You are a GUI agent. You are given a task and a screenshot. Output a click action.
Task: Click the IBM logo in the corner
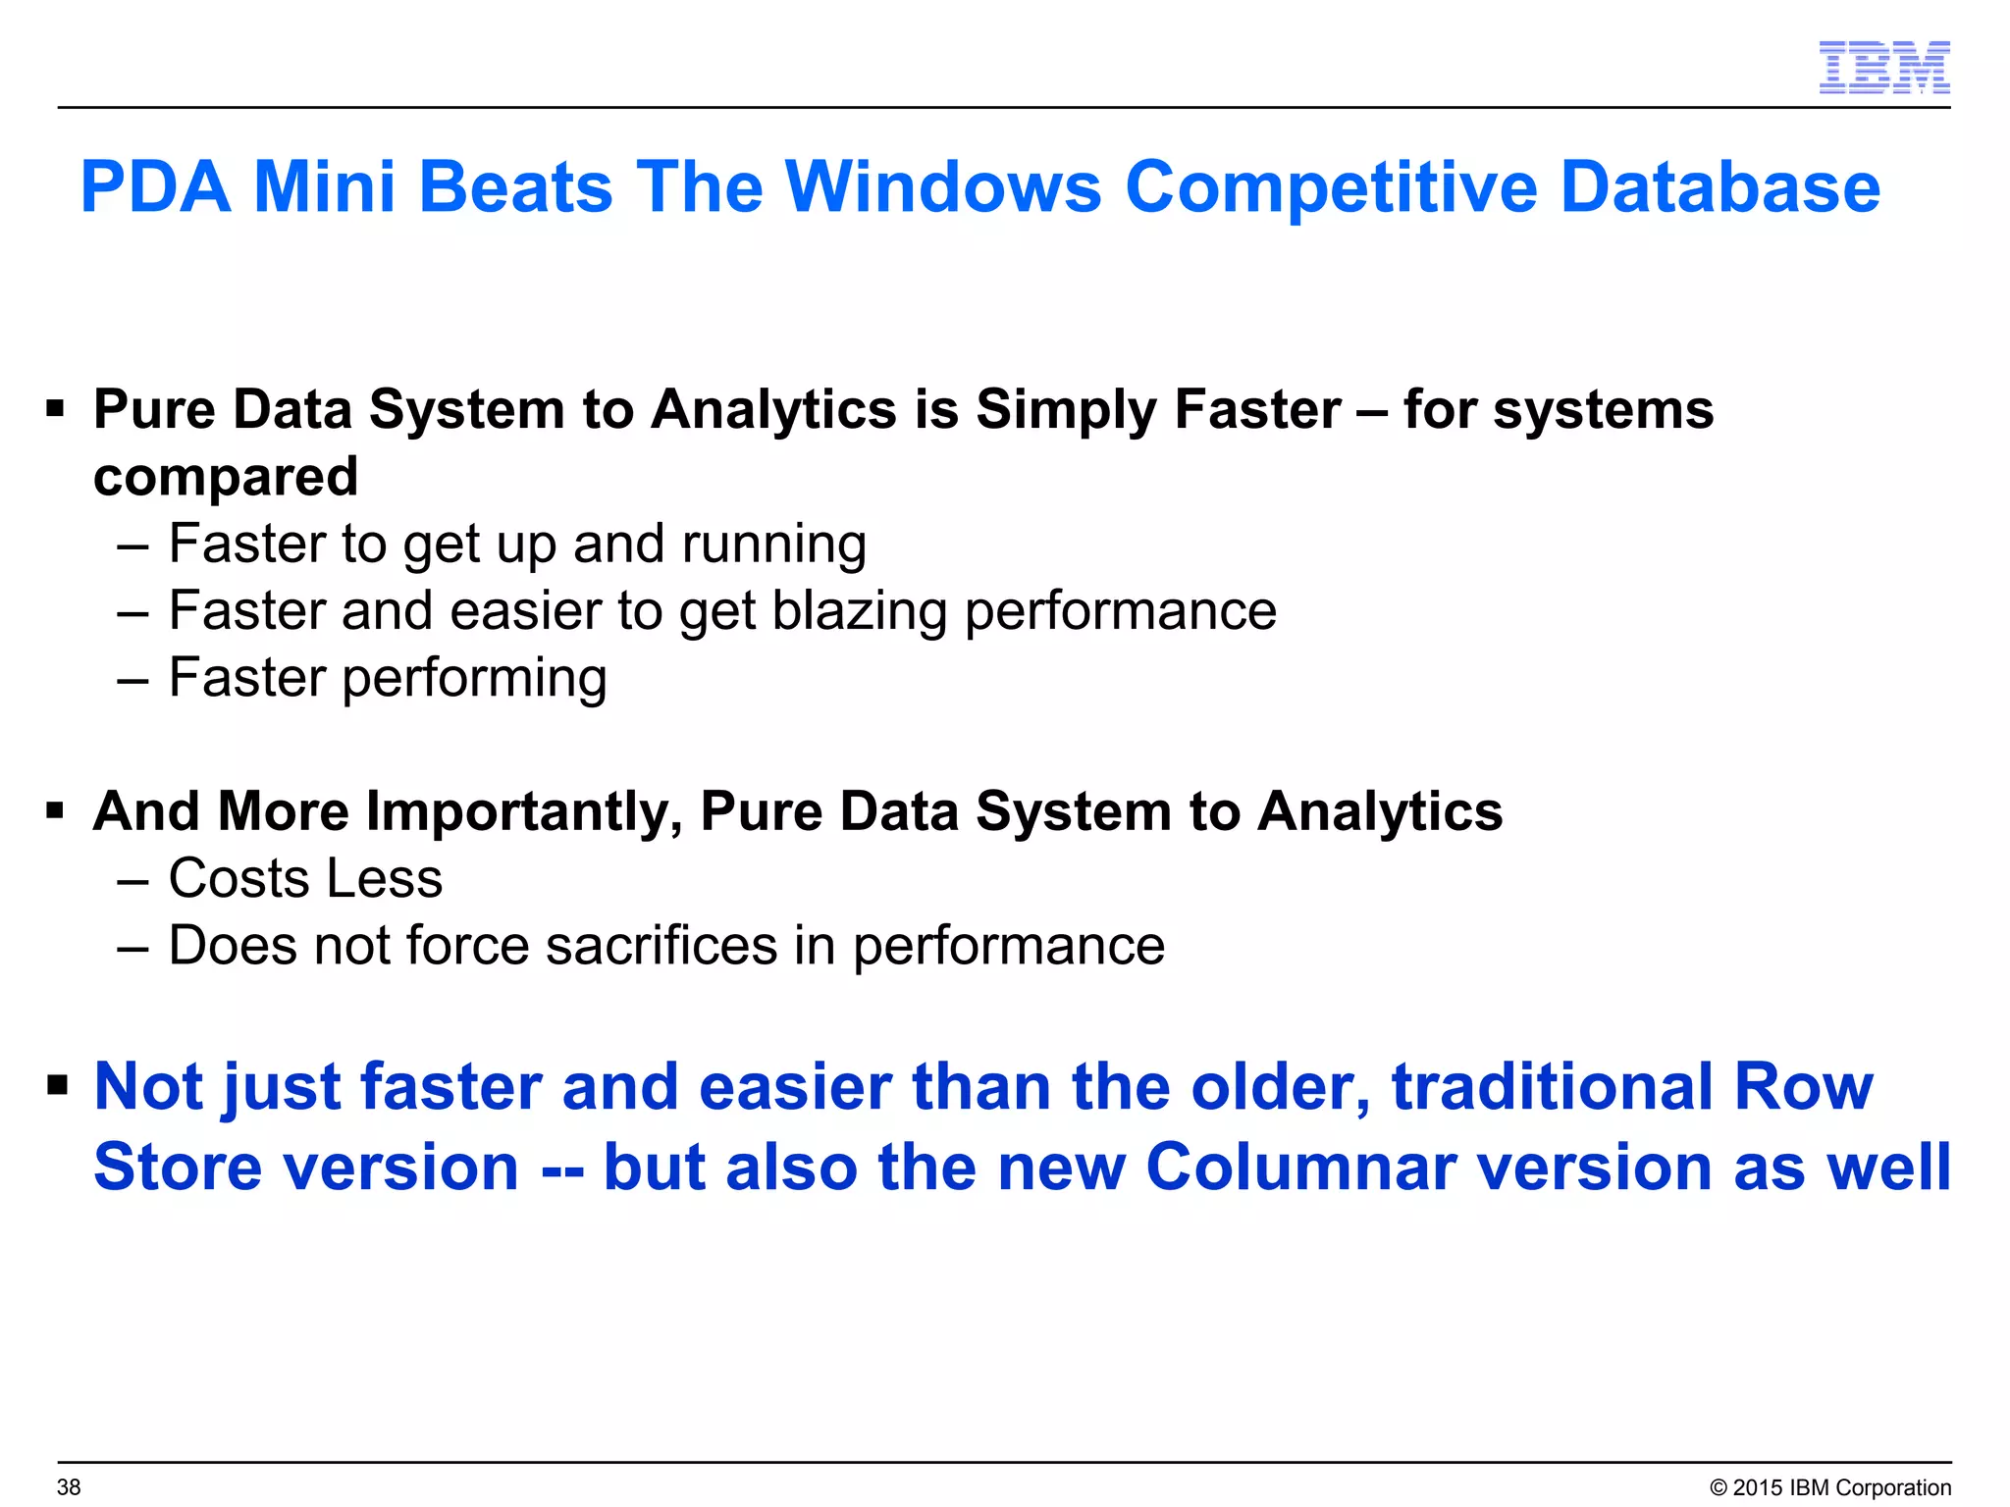pos(1883,68)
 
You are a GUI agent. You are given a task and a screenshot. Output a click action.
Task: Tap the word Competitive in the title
pos(1330,188)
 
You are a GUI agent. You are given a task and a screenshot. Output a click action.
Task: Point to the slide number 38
pos(69,1486)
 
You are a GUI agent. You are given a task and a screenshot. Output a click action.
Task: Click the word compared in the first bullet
pos(226,478)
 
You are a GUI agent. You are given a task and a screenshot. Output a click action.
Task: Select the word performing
pos(474,679)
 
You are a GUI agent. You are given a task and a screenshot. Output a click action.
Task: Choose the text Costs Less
pos(305,878)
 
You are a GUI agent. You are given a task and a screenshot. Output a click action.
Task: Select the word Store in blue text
pos(177,1167)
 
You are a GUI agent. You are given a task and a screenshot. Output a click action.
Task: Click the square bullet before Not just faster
pos(57,1085)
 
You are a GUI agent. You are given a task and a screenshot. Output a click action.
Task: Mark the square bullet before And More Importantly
pos(55,811)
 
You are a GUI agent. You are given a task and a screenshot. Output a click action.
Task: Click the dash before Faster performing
pos(132,679)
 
